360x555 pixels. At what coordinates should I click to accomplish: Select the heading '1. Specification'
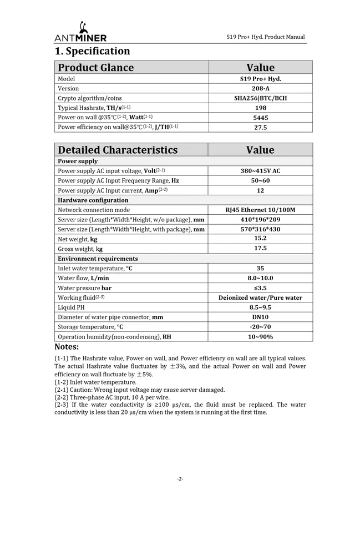click(92, 51)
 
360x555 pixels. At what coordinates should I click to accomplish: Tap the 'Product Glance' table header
click(96, 68)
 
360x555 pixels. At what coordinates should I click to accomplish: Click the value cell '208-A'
click(260, 88)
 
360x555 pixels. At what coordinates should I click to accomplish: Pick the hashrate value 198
click(260, 108)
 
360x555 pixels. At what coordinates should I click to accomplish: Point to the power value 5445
click(260, 118)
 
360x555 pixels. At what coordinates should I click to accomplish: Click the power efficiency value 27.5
click(260, 127)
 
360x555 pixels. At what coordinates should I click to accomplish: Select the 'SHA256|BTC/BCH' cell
click(260, 98)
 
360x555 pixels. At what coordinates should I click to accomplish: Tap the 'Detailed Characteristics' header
click(118, 150)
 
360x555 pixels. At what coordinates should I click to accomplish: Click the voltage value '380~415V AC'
click(260, 171)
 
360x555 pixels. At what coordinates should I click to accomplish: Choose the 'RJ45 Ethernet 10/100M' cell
click(260, 210)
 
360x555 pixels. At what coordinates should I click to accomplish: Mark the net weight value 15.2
click(260, 238)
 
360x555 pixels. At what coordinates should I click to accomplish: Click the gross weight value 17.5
click(260, 249)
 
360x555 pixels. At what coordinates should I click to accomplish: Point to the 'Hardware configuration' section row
click(93, 200)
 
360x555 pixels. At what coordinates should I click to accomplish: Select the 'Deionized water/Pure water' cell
click(260, 297)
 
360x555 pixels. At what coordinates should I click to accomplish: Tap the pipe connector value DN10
click(260, 317)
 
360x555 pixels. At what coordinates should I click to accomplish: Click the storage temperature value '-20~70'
click(260, 327)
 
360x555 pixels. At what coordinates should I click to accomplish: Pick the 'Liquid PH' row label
click(71, 307)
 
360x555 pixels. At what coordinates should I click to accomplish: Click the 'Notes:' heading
click(67, 347)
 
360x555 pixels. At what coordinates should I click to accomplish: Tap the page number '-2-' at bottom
click(180, 478)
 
